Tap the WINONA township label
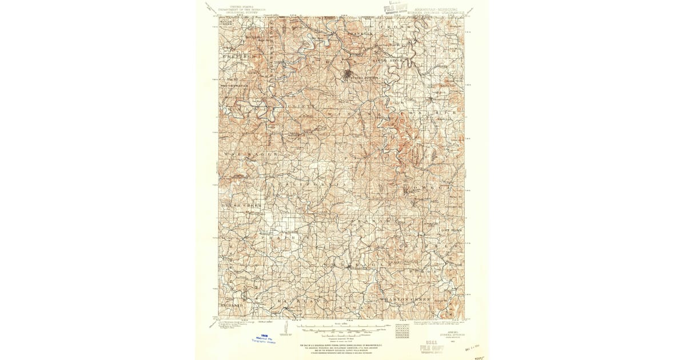[352, 113]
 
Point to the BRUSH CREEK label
[240, 204]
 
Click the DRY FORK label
[451, 230]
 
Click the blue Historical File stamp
[264, 338]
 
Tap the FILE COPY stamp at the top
[396, 10]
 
